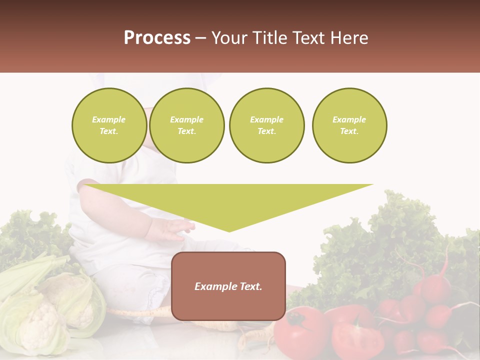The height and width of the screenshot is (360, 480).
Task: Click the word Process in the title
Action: (157, 38)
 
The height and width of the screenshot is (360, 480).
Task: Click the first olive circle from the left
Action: (109, 125)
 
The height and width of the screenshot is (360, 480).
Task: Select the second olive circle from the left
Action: (187, 125)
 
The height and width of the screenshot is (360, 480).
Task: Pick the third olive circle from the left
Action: (267, 125)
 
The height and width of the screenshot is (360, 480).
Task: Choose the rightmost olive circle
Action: (349, 125)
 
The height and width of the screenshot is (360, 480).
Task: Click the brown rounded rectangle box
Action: (228, 286)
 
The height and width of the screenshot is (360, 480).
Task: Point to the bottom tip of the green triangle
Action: (229, 231)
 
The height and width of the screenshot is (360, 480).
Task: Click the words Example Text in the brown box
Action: (228, 286)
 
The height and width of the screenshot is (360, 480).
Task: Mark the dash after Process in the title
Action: (201, 38)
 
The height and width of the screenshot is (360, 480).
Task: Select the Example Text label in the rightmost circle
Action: (349, 125)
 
